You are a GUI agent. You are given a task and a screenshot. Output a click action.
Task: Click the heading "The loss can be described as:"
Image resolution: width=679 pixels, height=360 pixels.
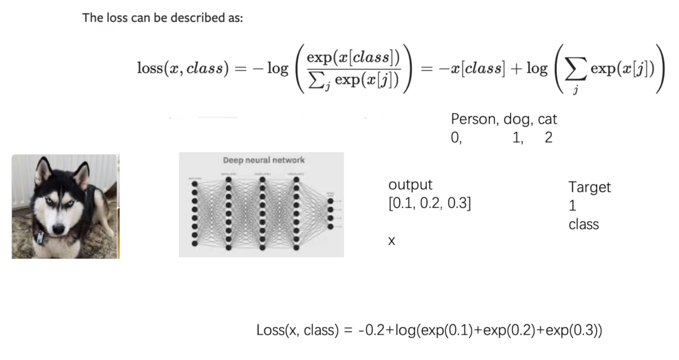[162, 18]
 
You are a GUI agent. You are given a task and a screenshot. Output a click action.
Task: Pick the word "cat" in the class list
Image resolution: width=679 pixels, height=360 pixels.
[547, 119]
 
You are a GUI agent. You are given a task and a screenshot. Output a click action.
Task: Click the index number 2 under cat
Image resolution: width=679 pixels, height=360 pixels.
[548, 138]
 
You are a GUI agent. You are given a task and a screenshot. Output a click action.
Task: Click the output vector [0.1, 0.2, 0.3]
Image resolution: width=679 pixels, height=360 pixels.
[430, 204]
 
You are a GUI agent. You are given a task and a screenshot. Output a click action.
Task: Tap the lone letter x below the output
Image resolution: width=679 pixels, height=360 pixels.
[392, 242]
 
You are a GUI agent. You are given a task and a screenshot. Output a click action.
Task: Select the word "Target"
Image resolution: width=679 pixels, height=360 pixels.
[590, 187]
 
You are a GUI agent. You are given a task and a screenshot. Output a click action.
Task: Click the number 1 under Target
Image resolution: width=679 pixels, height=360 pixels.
[572, 206]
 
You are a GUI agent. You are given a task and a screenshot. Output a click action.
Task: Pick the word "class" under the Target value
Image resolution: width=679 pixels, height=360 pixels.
[583, 225]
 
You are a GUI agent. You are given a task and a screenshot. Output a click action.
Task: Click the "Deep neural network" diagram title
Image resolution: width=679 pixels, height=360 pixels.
[264, 160]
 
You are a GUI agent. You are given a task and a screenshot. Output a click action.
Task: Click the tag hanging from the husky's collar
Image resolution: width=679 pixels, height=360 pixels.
[41, 238]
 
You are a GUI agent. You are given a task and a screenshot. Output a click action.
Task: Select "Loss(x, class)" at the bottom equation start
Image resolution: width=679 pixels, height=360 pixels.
[297, 331]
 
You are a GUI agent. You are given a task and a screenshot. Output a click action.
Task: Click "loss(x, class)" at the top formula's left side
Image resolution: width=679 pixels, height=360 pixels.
[183, 68]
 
